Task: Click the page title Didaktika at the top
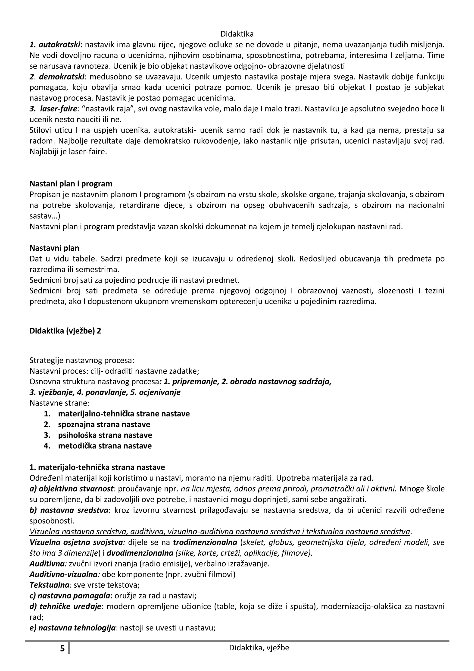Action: [x=237, y=34]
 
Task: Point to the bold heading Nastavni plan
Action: [x=54, y=248]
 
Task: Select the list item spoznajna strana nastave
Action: [x=104, y=424]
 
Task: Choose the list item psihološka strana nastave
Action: [x=105, y=435]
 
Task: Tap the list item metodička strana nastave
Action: [x=105, y=446]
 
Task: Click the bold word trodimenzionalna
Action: [x=205, y=542]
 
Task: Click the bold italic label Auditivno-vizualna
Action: [x=63, y=574]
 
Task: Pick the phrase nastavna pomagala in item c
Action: [x=74, y=595]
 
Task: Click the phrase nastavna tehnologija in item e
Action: [x=77, y=627]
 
